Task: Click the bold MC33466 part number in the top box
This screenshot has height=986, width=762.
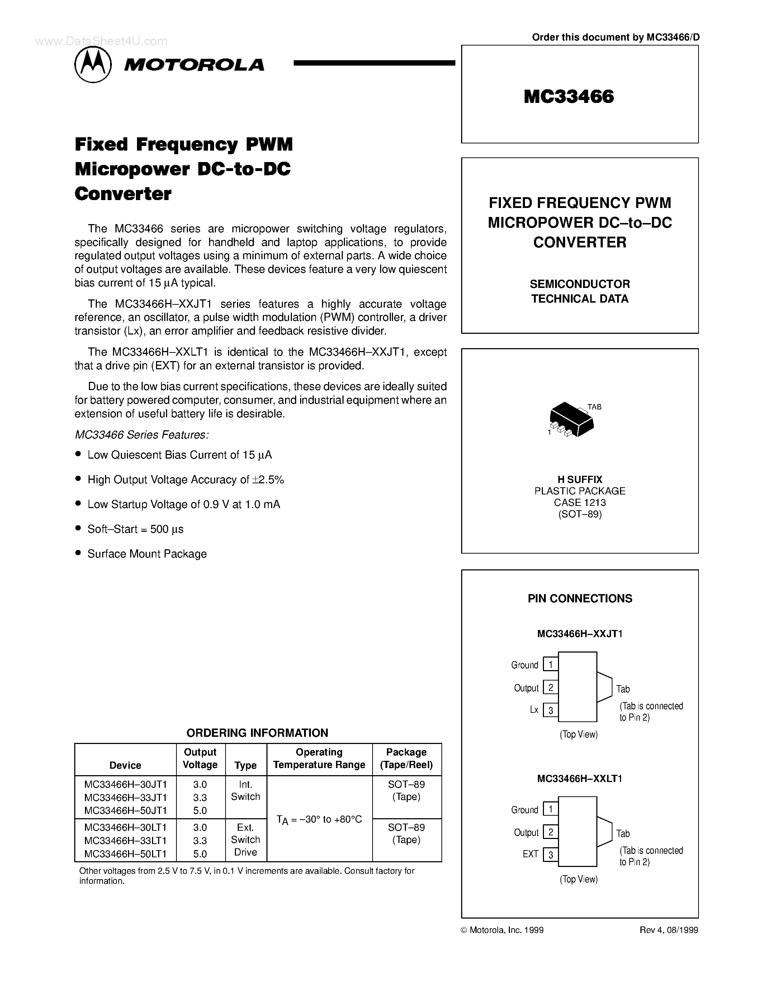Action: coord(569,96)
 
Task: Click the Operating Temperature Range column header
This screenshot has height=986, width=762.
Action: coord(319,758)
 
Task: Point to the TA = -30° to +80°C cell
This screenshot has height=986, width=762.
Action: coord(319,819)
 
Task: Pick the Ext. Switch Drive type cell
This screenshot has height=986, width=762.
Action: coord(246,840)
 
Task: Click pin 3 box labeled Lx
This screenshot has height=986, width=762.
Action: coord(550,711)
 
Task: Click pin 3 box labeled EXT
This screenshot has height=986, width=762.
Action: coord(550,855)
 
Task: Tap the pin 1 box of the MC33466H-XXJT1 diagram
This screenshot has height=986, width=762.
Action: coord(550,664)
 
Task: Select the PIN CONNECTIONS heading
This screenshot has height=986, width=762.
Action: coord(579,599)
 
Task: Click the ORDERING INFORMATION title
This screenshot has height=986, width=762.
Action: coord(257,733)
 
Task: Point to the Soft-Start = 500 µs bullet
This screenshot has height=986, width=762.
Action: coord(136,529)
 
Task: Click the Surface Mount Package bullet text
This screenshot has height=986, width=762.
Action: coord(147,554)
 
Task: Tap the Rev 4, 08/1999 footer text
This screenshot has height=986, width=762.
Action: coord(668,930)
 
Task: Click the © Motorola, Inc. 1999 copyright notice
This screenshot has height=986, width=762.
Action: coord(502,930)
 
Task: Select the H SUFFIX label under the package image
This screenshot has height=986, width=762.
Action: coord(579,479)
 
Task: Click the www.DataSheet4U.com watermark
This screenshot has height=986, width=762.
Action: coord(101,42)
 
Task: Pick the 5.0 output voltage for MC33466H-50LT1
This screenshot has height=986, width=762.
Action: coord(200,854)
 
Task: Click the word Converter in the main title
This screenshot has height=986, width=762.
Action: coord(123,194)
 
